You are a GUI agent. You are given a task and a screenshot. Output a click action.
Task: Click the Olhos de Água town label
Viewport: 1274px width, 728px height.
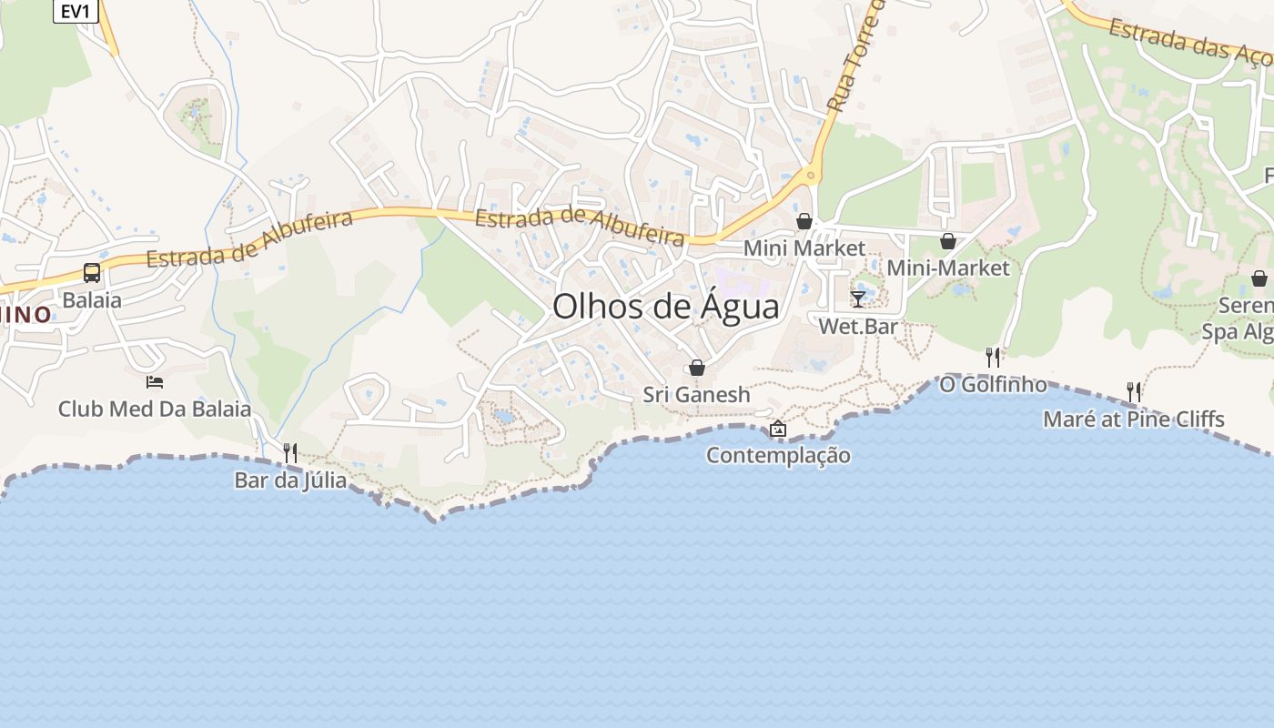665,307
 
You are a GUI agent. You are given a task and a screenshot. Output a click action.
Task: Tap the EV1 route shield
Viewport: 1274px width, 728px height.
75,11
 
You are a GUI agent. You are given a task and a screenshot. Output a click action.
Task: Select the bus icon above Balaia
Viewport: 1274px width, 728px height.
92,272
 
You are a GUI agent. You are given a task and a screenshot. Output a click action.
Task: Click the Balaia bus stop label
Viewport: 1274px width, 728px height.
92,299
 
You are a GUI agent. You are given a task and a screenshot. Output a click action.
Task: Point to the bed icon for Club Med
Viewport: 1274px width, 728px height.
155,382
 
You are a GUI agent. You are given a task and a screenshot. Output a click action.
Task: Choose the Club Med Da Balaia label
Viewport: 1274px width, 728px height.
155,409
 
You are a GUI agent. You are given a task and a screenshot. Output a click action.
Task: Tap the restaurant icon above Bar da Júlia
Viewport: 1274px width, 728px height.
290,452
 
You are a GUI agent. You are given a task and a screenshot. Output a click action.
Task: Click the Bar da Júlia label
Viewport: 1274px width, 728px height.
290,480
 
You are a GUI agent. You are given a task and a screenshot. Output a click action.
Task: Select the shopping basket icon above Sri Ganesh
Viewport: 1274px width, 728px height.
697,368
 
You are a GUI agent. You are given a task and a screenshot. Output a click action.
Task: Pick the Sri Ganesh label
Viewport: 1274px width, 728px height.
697,394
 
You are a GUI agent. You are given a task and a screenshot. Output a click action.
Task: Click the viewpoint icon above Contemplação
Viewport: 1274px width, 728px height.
778,429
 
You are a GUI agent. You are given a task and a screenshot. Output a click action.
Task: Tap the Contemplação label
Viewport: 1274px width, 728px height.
778,455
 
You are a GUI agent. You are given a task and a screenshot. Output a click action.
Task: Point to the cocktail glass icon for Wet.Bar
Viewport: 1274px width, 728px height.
858,298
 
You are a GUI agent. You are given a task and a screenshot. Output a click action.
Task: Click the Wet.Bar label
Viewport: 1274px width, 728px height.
858,326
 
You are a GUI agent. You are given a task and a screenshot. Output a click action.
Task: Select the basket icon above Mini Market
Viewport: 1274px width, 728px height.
804,221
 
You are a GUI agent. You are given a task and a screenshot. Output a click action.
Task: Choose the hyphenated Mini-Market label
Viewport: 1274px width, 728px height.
948,268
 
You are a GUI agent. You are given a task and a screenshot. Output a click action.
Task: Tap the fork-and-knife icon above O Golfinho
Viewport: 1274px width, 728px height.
993,358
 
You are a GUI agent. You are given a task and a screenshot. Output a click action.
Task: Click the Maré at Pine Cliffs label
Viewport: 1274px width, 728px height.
1134,420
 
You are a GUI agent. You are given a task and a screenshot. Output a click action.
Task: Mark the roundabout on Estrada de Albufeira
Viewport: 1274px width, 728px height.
809,174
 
